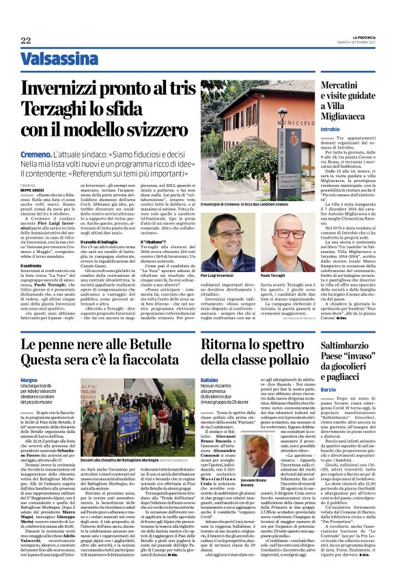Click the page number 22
(x=26, y=40)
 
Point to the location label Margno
(x=29, y=379)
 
